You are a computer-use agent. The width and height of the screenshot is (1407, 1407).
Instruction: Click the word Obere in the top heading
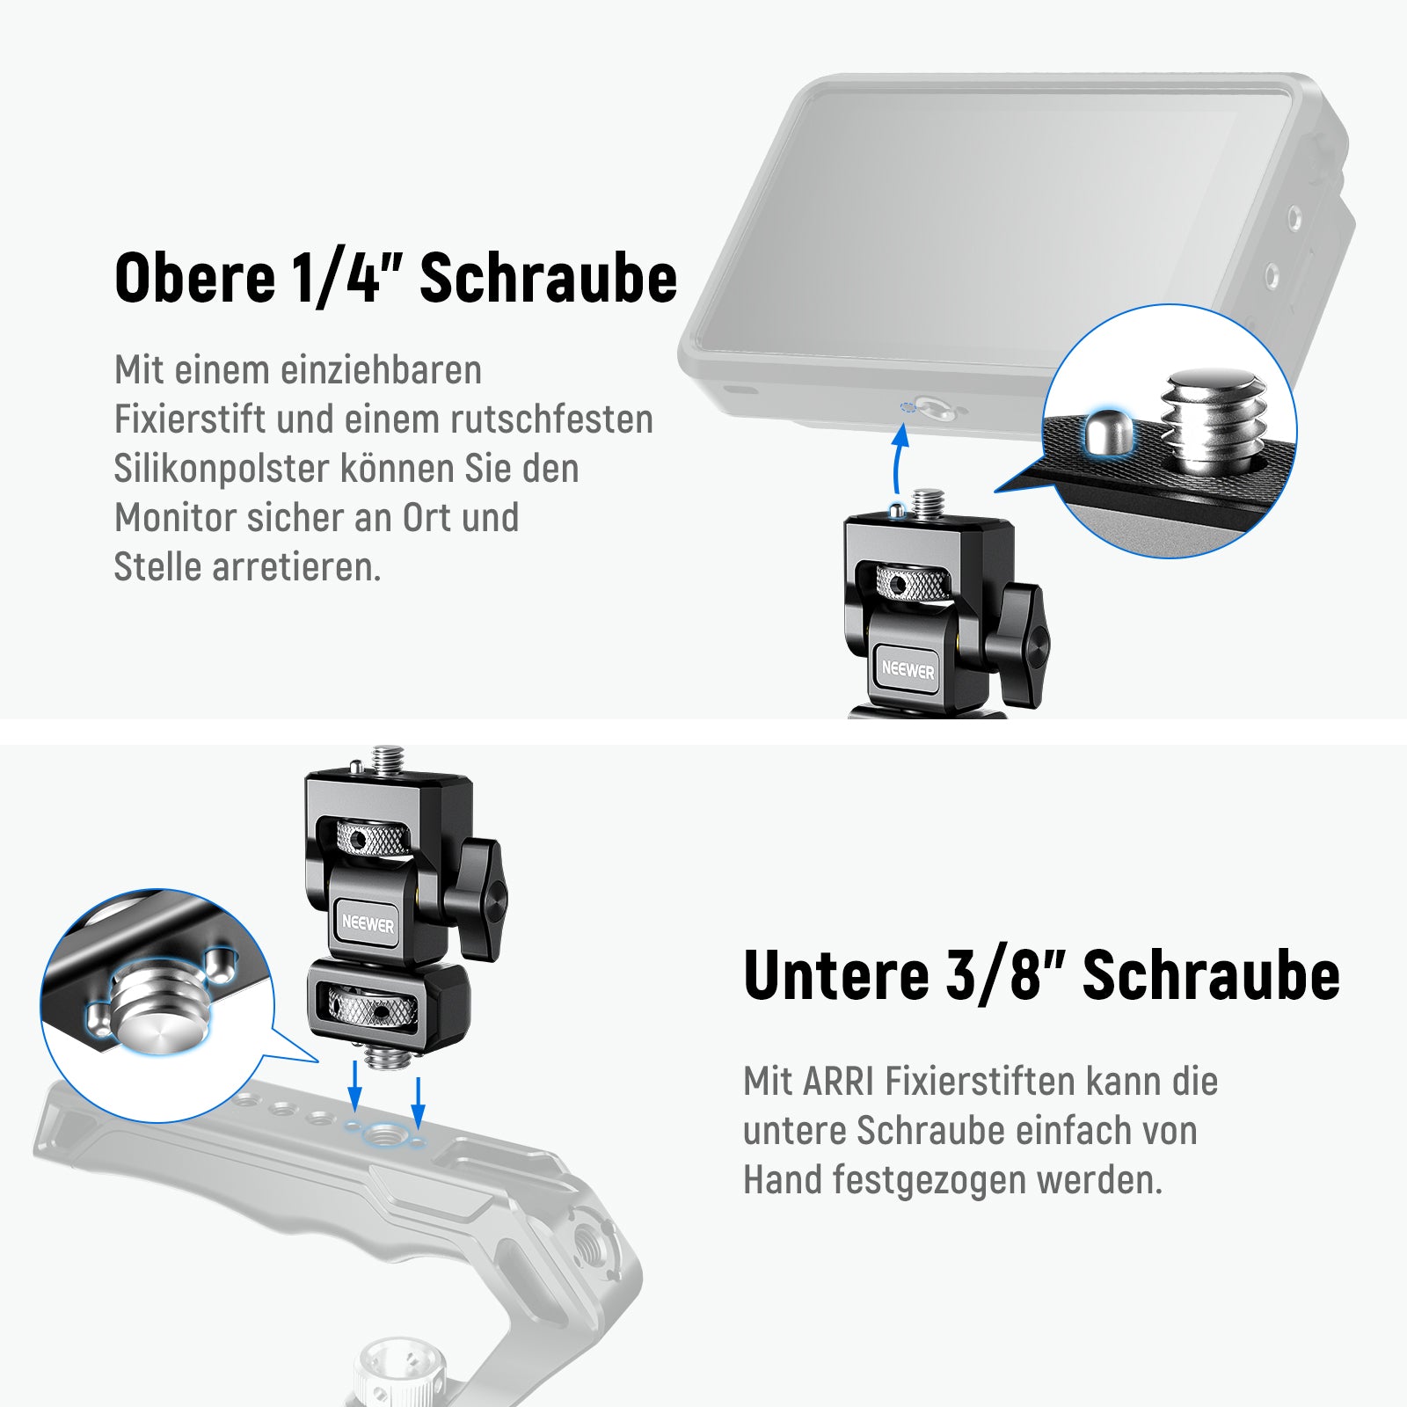click(195, 278)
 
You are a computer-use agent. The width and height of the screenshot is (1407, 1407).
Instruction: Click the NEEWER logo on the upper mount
click(908, 670)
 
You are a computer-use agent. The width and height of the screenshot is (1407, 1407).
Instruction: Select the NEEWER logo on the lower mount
click(368, 924)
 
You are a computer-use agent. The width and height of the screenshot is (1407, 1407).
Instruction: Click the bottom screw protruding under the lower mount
click(383, 1055)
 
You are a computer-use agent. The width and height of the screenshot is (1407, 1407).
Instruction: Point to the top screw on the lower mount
click(387, 759)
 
